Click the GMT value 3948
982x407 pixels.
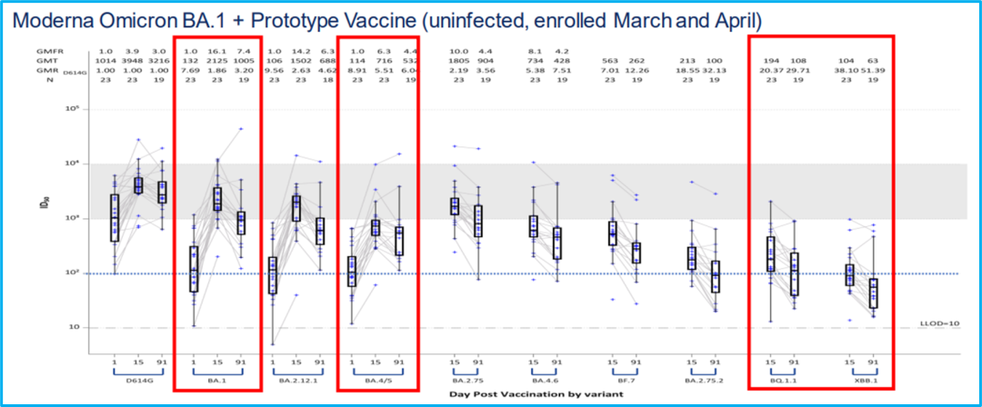pyautogui.click(x=138, y=61)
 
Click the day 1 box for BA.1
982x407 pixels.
pyautogui.click(x=193, y=268)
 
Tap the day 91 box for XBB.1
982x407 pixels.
pyautogui.click(x=874, y=293)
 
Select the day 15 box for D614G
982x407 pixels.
pyautogui.click(x=138, y=185)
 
